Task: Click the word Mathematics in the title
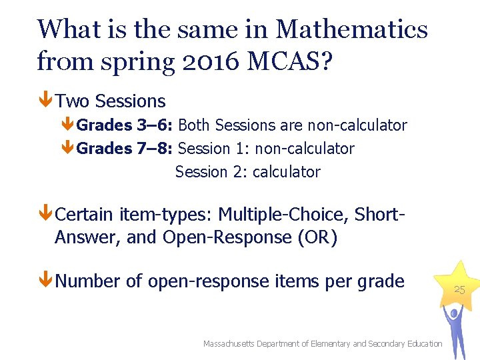tap(351, 29)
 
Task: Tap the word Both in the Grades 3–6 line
tap(195, 125)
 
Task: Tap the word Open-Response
tap(225, 237)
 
